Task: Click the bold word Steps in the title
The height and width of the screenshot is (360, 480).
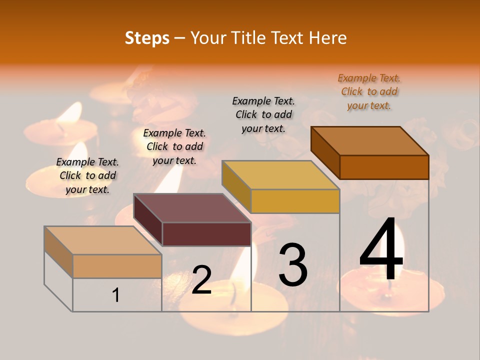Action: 147,38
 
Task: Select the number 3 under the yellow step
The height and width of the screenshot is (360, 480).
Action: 293,265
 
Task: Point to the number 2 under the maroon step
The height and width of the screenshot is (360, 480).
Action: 201,280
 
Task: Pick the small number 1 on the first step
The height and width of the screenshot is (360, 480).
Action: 116,295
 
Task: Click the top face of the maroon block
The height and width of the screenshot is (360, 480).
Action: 192,208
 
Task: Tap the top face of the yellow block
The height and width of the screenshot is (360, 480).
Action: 280,175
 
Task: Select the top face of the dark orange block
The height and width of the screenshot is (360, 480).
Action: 370,141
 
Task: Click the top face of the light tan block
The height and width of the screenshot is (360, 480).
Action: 103,240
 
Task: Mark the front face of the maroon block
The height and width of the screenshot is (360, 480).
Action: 206,234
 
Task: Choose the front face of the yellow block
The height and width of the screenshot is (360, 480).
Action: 295,201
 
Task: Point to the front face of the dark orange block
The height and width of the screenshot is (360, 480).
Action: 384,167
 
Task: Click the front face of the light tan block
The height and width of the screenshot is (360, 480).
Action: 117,266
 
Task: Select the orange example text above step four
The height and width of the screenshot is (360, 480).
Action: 369,91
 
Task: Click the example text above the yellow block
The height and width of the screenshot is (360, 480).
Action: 263,114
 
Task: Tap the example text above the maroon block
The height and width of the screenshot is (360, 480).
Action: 174,146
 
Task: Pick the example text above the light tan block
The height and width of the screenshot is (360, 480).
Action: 87,175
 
